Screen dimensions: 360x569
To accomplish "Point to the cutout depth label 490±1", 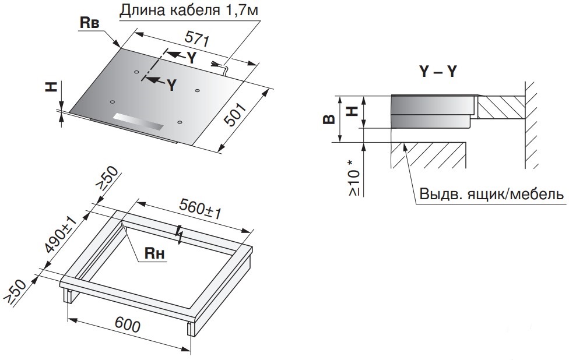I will click(59, 235).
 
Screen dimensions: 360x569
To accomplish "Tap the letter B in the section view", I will click(330, 120).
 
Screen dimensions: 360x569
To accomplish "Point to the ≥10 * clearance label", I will click(354, 176).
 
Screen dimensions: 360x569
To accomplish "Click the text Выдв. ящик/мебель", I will click(491, 193).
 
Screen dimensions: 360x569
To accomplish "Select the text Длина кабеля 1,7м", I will click(188, 10).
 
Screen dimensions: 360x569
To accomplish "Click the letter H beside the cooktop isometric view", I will click(52, 87).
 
